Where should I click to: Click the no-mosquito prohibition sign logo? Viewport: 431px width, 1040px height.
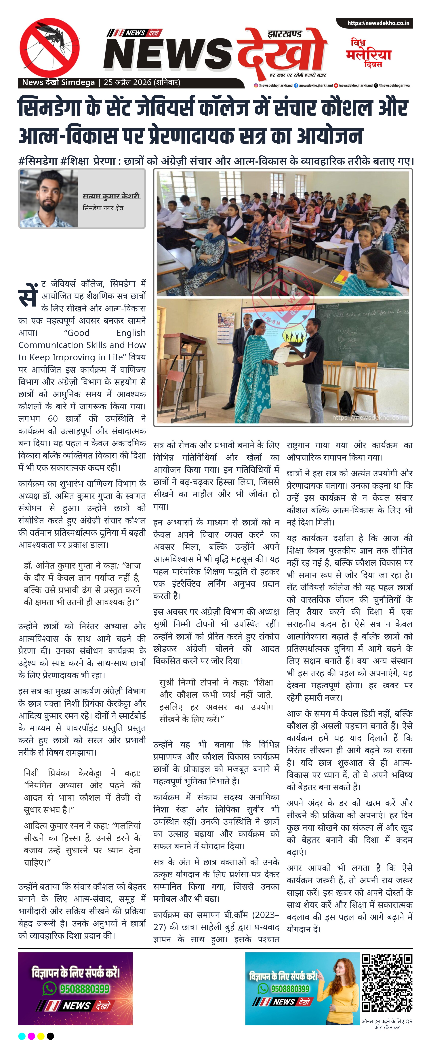click(x=49, y=48)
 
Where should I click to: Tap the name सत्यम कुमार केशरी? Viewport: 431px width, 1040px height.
click(x=111, y=196)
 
